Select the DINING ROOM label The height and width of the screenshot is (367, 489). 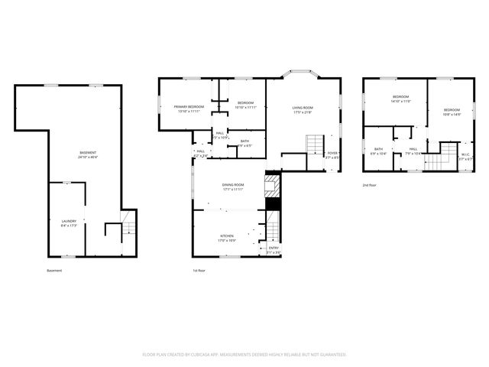coord(233,186)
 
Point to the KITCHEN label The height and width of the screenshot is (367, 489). coord(227,238)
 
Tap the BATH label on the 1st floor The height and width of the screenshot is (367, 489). coord(244,142)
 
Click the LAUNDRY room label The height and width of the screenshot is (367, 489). coord(69,222)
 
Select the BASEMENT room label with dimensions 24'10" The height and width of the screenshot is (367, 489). coord(88,154)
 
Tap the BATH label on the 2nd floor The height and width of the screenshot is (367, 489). coord(378,151)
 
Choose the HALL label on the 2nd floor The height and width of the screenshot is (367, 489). coord(413,151)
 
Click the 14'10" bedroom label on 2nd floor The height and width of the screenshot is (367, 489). coord(401,99)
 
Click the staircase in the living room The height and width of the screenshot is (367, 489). coord(315,143)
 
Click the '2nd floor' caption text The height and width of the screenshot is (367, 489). coord(371,185)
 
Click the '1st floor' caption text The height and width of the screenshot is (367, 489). coord(199,270)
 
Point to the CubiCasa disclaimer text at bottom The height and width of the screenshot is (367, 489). coord(244,355)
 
